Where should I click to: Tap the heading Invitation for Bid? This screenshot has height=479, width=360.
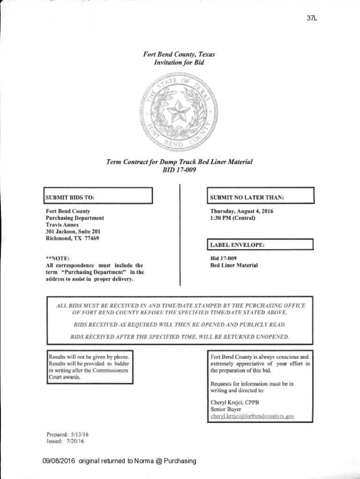tap(180, 62)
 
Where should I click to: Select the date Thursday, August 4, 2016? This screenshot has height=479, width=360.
tap(242, 211)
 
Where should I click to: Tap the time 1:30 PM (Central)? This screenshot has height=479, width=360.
tap(233, 218)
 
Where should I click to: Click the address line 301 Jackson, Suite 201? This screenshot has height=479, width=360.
tap(72, 232)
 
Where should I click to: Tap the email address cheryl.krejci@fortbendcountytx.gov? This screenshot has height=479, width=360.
tap(252, 416)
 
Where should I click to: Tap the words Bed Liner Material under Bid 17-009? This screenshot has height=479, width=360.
tap(234, 265)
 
